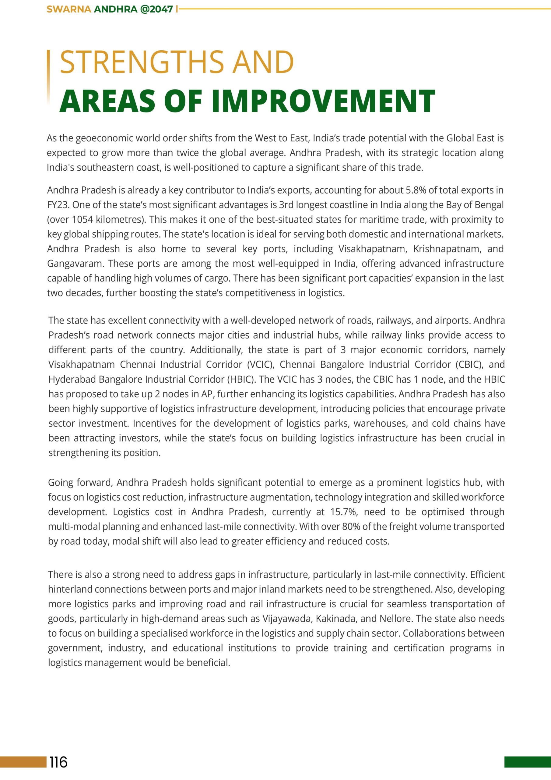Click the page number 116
(x=58, y=762)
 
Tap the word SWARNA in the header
(x=68, y=9)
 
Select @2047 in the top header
(x=156, y=9)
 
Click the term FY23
(x=58, y=205)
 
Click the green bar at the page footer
(x=527, y=762)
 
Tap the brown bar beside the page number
(x=23, y=762)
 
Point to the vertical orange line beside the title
(x=48, y=76)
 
